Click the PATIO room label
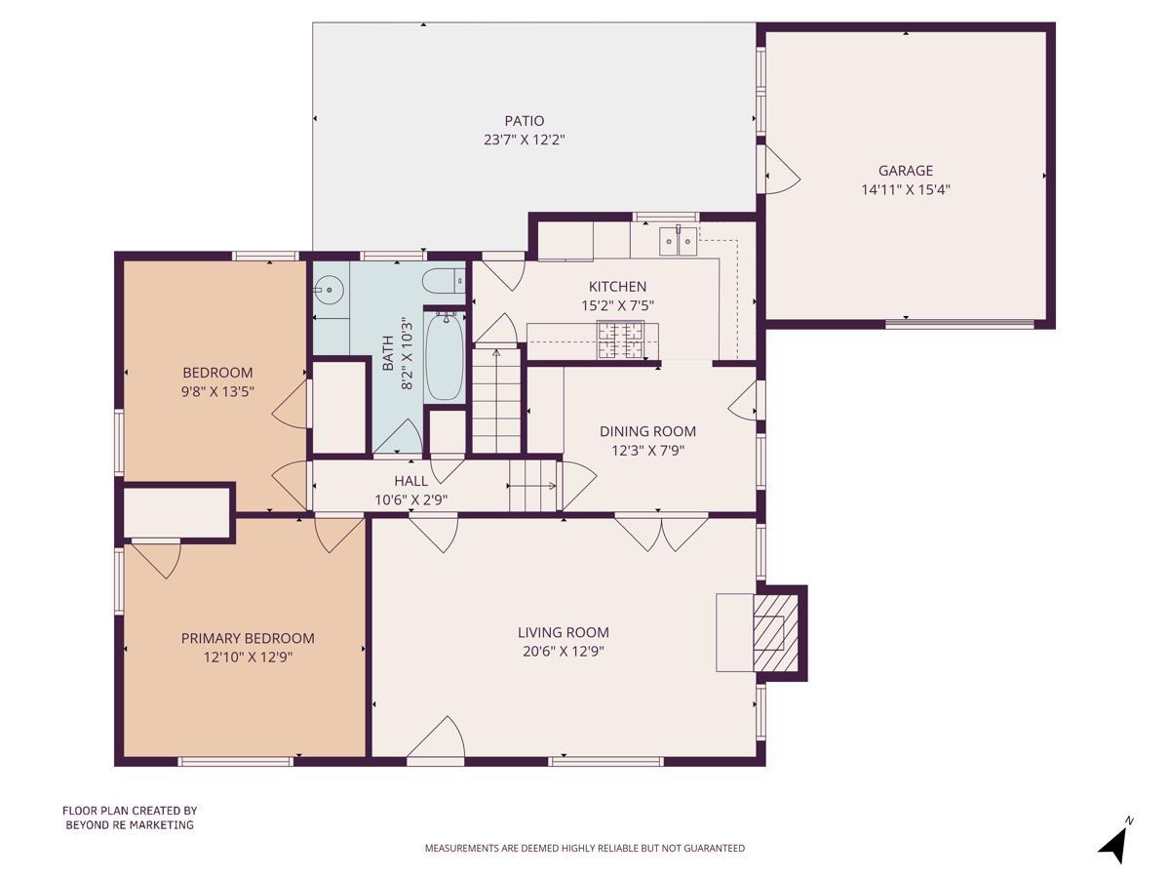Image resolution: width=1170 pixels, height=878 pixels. coord(524,121)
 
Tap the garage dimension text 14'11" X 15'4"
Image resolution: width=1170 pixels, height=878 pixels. coord(905,190)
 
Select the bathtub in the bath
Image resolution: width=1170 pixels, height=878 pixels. coord(445,356)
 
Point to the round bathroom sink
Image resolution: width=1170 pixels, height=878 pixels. coord(330,290)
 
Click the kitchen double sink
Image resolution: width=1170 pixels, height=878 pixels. coord(679,239)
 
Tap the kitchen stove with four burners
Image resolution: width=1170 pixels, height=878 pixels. coord(621,340)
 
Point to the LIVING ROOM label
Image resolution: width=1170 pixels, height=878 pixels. coord(564,632)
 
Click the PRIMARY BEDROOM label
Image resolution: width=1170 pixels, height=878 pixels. coord(248,638)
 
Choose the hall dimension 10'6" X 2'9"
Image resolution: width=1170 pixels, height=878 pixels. coord(410,500)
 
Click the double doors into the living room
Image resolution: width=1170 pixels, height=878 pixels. coord(662,533)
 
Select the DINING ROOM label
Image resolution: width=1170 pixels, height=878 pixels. coord(647,431)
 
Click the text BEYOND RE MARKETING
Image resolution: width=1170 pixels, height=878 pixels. coord(130,824)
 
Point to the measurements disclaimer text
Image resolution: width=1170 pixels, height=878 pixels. coord(584,848)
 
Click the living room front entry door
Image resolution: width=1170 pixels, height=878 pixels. coord(435,738)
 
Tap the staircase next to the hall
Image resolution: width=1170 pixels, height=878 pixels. coord(496,400)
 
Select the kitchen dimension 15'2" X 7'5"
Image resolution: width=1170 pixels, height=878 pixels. coord(617,305)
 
